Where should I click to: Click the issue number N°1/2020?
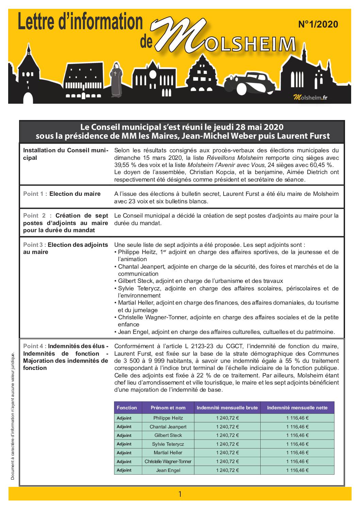point(318,24)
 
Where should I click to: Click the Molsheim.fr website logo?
point(310,98)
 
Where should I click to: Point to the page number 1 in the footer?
point(180,494)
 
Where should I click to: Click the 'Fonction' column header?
point(127,408)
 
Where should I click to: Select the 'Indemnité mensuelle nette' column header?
point(297,408)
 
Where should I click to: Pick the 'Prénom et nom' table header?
point(168,408)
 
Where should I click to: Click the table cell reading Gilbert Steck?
point(168,436)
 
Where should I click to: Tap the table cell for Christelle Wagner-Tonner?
point(168,462)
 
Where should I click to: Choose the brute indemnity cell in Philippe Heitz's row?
point(227,418)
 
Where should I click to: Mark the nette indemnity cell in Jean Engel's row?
point(297,471)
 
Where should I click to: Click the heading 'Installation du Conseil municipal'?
point(65,154)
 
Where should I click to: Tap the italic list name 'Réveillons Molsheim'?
point(235,158)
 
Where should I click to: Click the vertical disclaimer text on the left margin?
point(13,417)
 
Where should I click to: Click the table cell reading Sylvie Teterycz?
point(168,444)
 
